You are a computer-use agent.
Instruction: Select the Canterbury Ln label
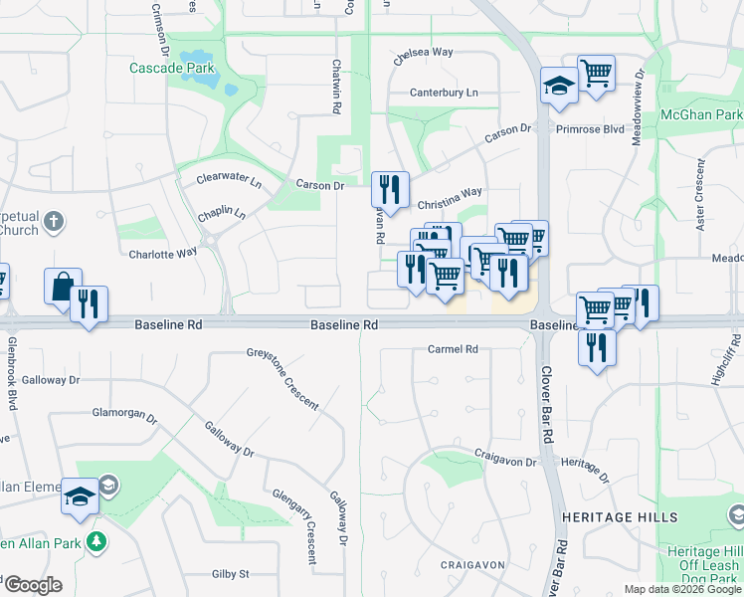(444, 93)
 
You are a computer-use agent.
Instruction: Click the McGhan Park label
(701, 115)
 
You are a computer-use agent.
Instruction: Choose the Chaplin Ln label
(222, 213)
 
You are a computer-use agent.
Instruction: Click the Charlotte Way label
(163, 254)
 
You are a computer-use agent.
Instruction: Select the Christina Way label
(447, 194)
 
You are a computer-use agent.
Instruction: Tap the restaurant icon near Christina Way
(390, 188)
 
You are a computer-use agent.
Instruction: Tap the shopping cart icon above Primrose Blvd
(596, 73)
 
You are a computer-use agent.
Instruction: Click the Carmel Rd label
(453, 349)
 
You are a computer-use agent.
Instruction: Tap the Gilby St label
(230, 574)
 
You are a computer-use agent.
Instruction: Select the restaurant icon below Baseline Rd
(596, 347)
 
